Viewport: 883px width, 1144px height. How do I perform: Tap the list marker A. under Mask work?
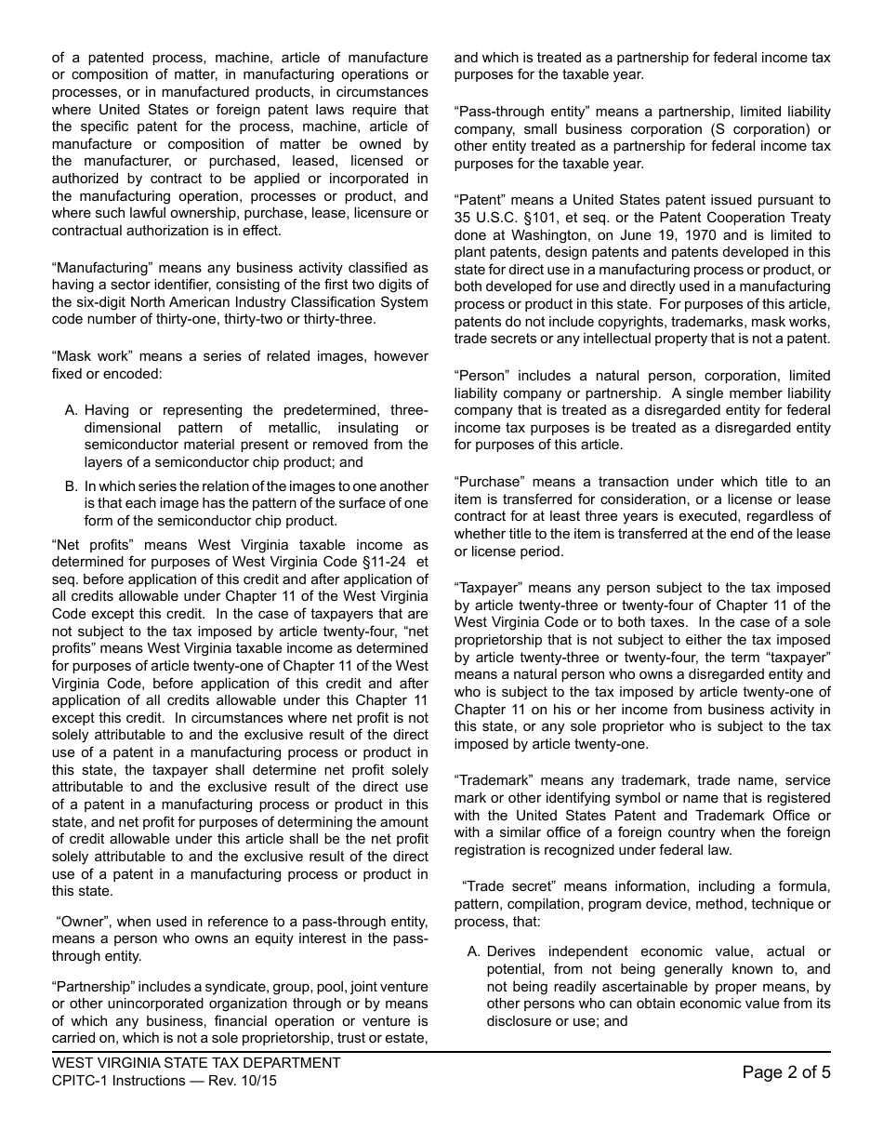(x=72, y=410)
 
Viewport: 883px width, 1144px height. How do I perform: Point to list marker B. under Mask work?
(x=72, y=486)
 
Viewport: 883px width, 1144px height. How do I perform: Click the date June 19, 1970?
(x=698, y=235)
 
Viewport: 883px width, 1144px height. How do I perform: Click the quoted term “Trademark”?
(x=492, y=780)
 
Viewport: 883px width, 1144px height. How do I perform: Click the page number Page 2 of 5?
(x=786, y=1072)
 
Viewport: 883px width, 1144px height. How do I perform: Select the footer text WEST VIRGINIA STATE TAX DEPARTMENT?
(x=196, y=1063)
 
